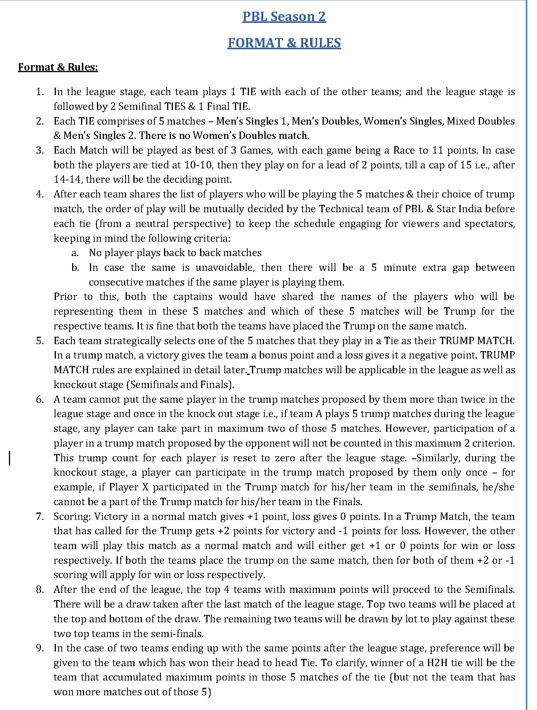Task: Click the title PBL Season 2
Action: (x=284, y=17)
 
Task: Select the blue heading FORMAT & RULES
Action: (x=284, y=43)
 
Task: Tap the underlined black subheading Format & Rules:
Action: (x=58, y=68)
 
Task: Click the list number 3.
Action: (x=40, y=151)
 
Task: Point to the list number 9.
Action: (x=40, y=648)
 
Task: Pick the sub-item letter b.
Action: (x=75, y=268)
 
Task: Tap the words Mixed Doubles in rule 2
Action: (x=481, y=121)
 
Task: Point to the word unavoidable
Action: (x=224, y=268)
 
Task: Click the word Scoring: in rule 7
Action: (x=73, y=517)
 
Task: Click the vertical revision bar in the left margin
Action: (x=10, y=458)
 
